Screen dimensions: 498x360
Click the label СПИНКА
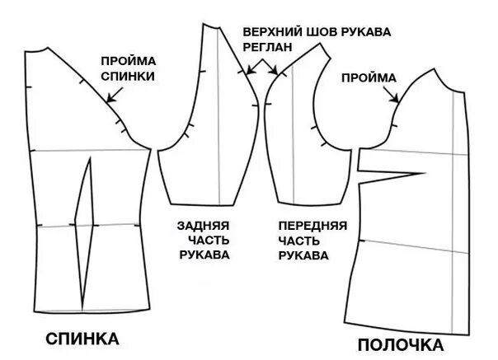click(x=82, y=339)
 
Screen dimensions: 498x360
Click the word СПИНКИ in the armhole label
click(x=128, y=75)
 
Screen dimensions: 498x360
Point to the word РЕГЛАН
click(x=267, y=47)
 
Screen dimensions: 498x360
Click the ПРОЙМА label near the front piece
click(x=369, y=77)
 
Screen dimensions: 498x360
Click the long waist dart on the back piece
click(x=85, y=227)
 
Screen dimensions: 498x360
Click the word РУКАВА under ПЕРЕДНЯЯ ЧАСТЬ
click(x=304, y=255)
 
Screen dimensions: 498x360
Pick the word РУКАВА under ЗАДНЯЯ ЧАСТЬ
click(x=203, y=255)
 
